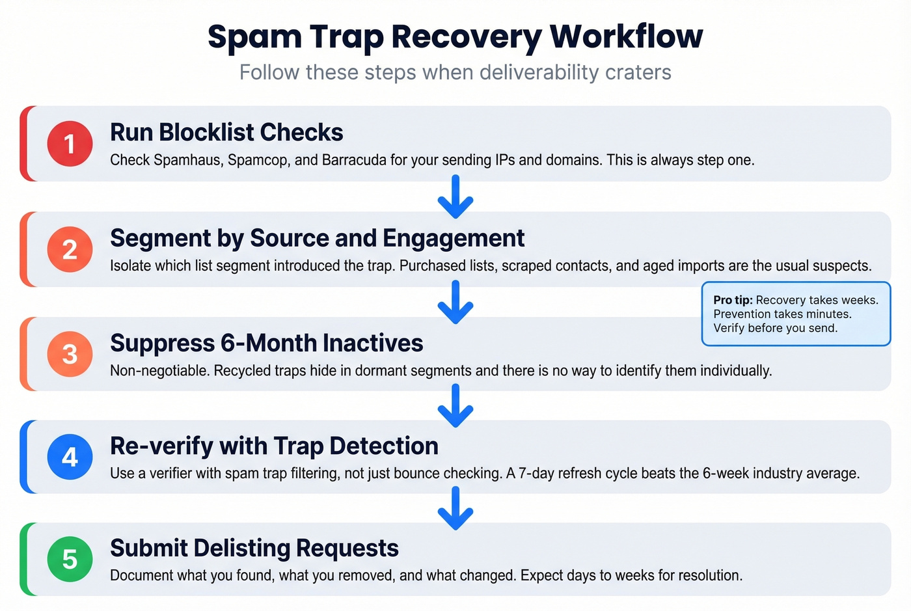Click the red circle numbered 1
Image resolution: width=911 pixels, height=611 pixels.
(x=70, y=143)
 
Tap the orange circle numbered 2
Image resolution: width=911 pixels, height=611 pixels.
(x=70, y=249)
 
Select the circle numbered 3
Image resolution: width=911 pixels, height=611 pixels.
(x=70, y=354)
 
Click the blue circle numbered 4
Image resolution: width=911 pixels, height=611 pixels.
(x=70, y=457)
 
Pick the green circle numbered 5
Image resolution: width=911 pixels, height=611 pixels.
(x=70, y=559)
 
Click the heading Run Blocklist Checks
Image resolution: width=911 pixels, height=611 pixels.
(x=226, y=132)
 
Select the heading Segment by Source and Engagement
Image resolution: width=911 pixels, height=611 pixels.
(x=317, y=238)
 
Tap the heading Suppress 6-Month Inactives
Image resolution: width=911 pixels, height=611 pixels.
(x=266, y=343)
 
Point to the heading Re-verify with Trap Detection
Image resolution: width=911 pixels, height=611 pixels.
(x=274, y=446)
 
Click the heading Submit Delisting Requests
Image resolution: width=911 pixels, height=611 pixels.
(x=254, y=548)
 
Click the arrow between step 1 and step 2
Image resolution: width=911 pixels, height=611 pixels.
(x=455, y=197)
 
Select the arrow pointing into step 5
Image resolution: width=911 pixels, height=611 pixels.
(x=455, y=508)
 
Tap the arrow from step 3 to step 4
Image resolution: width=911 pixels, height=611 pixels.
(x=455, y=405)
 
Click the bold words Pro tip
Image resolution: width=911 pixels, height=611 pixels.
(x=733, y=300)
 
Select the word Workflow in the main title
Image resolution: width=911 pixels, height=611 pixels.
(x=626, y=36)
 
